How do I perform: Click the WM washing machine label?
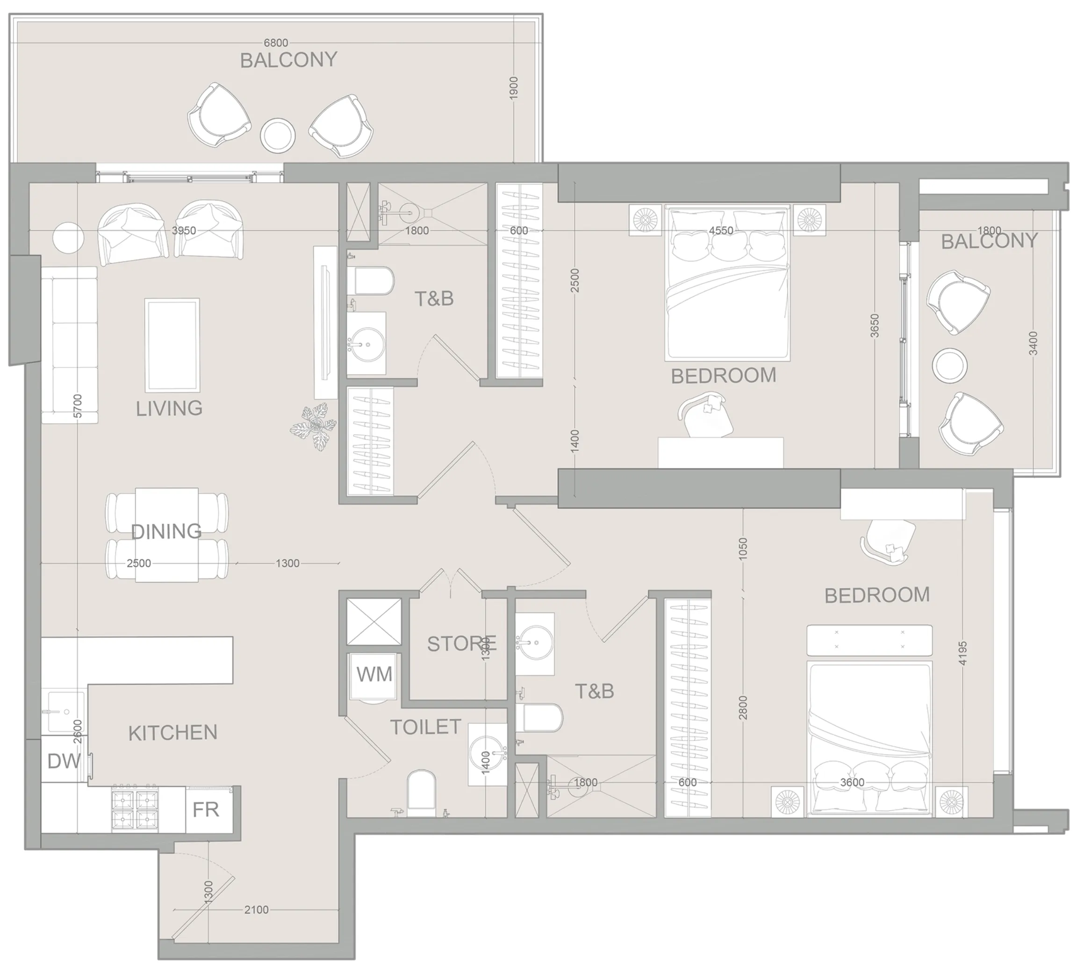click(374, 674)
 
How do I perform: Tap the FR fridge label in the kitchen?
click(206, 809)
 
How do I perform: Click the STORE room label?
click(461, 643)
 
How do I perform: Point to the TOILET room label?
click(425, 727)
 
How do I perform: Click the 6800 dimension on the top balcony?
click(276, 43)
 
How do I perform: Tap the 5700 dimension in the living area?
click(78, 405)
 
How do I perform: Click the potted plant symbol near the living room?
click(314, 426)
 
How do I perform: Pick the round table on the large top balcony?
click(278, 135)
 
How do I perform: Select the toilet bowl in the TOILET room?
click(421, 793)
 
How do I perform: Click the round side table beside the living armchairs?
click(68, 238)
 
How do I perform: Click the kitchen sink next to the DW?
click(64, 712)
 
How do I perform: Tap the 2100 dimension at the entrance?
click(256, 910)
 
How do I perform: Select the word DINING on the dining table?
click(166, 531)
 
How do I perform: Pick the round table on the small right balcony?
click(949, 365)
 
